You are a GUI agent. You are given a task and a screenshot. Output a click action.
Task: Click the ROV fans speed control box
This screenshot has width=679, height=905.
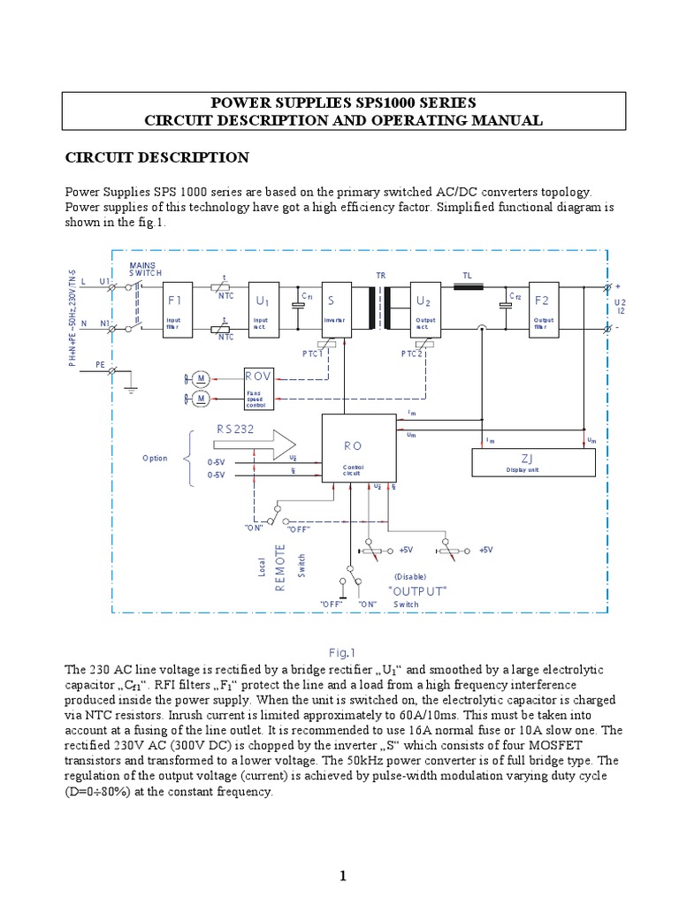tap(259, 388)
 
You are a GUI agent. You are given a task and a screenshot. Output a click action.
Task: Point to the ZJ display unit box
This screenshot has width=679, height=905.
tap(532, 461)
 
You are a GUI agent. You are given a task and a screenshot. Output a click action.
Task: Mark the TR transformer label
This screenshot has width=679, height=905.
tap(381, 276)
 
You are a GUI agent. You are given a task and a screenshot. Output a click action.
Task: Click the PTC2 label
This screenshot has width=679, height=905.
tap(412, 354)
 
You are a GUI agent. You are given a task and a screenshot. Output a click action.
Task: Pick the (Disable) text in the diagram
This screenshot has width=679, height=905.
tap(411, 575)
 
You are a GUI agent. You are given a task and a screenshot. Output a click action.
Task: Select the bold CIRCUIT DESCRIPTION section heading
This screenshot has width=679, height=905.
tap(158, 157)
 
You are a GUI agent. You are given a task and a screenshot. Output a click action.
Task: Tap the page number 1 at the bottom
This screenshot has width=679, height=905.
tap(340, 876)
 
